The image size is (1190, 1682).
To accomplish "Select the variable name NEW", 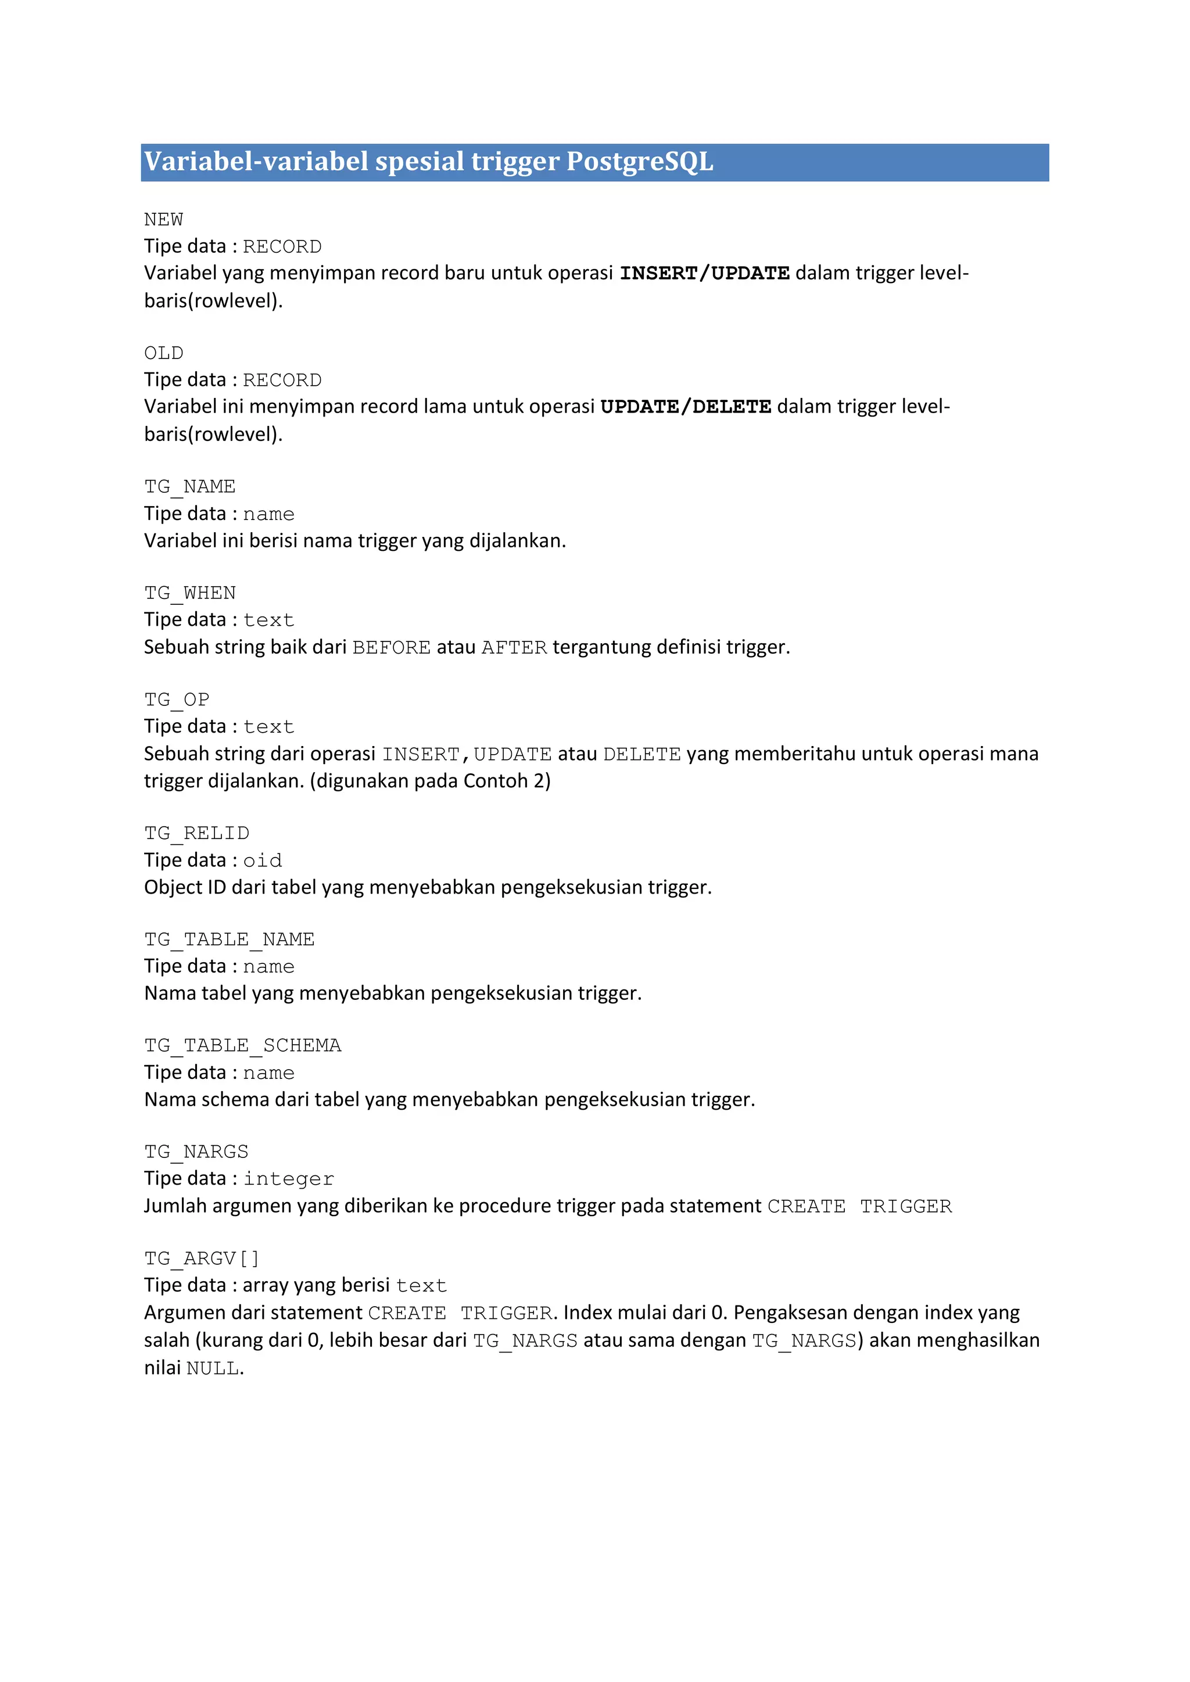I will [x=163, y=220].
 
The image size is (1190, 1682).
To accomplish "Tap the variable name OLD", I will [x=163, y=353].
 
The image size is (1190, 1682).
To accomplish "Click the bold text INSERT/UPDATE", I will [x=704, y=273].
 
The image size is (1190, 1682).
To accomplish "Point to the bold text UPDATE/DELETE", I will [x=685, y=407].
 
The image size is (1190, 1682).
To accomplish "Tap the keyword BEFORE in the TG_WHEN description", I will [x=391, y=648].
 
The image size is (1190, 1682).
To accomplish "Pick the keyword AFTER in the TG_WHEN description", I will [x=514, y=648].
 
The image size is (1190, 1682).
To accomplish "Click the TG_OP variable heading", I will [x=177, y=700].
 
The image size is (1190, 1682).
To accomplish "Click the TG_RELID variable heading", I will [x=196, y=834].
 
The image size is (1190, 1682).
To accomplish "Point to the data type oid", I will [x=262, y=861].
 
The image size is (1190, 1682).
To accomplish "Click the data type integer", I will [x=289, y=1179].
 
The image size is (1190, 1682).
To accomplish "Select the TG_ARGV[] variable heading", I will [x=202, y=1258].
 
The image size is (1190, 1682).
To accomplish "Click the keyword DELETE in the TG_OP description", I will [x=642, y=755].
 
